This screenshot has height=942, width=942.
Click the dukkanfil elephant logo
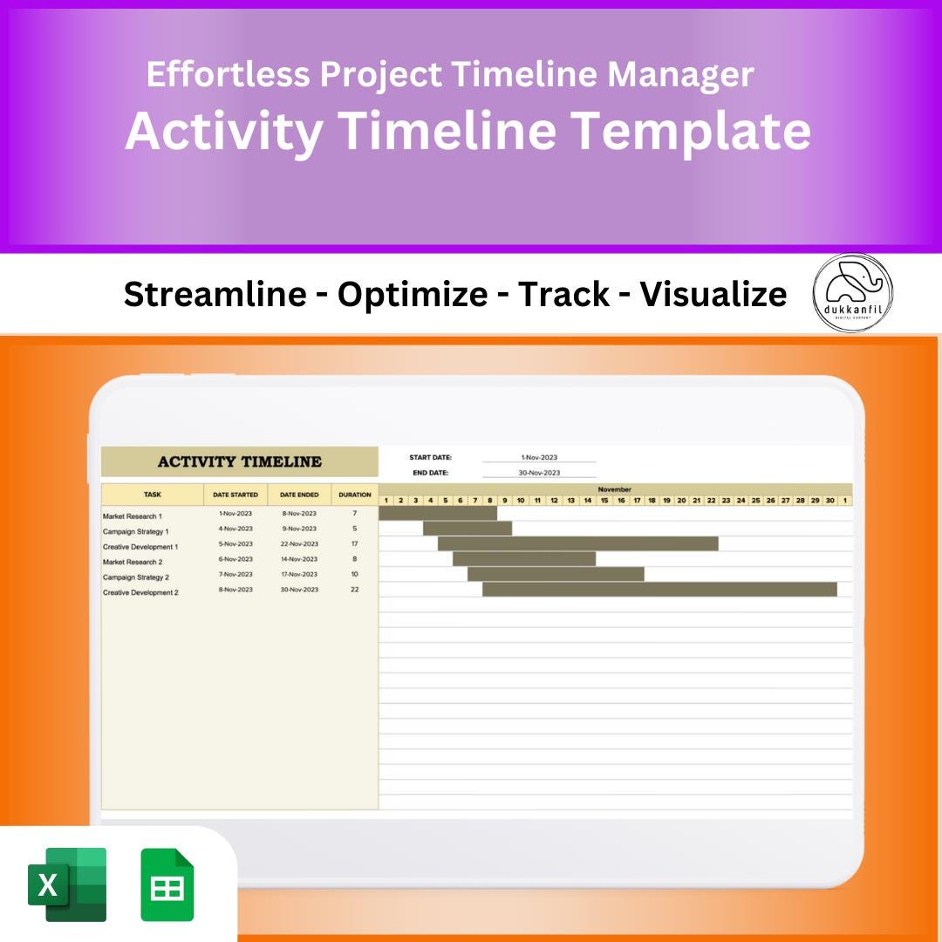(852, 293)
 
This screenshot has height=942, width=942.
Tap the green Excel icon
(67, 884)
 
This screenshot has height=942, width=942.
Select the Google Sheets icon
(167, 884)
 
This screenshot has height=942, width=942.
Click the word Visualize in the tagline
(713, 295)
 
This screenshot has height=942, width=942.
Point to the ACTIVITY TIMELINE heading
(239, 461)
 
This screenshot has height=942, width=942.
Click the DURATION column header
(355, 495)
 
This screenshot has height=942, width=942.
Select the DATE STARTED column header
(235, 495)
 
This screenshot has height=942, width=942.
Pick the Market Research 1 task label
(133, 516)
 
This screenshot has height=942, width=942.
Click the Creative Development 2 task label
(140, 592)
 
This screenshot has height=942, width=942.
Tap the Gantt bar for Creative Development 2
(659, 590)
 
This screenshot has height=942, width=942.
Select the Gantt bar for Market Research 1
(438, 514)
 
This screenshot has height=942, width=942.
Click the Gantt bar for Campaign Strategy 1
(468, 529)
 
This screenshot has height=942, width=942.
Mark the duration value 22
(355, 590)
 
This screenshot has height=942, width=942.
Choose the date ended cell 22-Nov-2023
(299, 543)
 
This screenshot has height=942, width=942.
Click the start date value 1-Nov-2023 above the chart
(539, 457)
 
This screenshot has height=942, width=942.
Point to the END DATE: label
(431, 473)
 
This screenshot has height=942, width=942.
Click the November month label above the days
(614, 489)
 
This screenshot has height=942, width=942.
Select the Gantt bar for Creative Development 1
(577, 543)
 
